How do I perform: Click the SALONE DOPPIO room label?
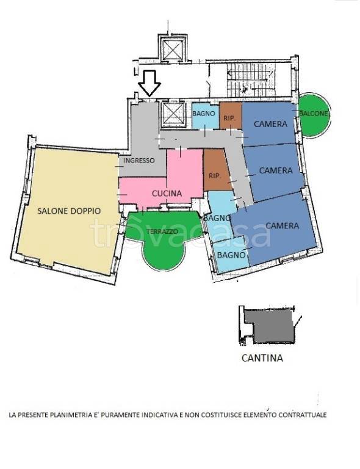69,211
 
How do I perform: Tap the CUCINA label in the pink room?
167,194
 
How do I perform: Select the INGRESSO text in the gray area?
139,161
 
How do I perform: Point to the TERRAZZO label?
162,231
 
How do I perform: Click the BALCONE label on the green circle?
314,114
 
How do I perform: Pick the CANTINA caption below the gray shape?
262,358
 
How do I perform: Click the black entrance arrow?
149,83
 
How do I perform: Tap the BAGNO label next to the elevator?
204,114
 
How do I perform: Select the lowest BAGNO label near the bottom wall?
231,255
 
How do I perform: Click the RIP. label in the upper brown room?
229,118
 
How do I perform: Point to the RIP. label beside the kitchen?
215,176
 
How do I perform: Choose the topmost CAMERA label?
270,124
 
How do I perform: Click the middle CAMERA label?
276,170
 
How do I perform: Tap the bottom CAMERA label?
282,225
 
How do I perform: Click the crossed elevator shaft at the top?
173,49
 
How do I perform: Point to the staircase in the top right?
250,80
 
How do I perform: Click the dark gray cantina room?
269,326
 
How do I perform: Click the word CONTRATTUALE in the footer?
303,415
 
